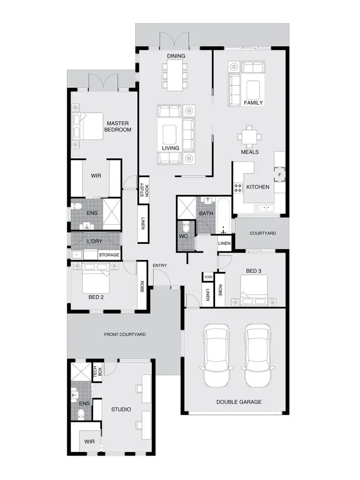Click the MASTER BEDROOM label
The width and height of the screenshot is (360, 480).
click(119, 126)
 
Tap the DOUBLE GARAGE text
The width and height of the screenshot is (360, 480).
click(239, 402)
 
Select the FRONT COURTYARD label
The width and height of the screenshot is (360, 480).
click(125, 334)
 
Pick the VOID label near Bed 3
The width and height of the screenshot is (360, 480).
click(208, 277)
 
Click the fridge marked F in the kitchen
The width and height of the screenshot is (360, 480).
click(279, 174)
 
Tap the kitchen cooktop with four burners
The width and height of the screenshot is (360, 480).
click(238, 188)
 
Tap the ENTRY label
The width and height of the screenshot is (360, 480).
click(159, 265)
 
